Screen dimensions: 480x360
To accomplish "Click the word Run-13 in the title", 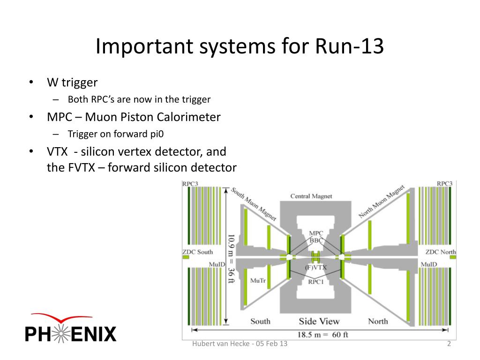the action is (x=349, y=46).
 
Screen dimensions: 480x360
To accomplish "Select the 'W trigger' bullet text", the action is (x=72, y=82).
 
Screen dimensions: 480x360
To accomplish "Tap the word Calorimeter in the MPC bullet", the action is (x=188, y=117).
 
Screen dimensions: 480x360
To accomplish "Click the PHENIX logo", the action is (x=71, y=328).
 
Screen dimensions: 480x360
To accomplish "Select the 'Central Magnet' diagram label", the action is (x=311, y=196).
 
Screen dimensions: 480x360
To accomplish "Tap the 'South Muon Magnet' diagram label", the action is (x=254, y=204).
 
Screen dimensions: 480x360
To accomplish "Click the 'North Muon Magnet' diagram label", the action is (x=382, y=201).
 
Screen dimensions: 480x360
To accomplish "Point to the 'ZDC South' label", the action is (x=197, y=252).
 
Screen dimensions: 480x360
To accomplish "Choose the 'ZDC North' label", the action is (x=441, y=252).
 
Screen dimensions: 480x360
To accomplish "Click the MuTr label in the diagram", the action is (x=258, y=280).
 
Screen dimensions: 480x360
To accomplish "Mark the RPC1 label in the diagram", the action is (x=315, y=282).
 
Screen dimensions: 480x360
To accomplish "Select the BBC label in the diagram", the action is (x=316, y=240).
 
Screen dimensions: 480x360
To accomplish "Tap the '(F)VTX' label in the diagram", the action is (x=315, y=268).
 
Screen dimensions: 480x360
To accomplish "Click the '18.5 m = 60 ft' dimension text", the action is (x=322, y=335).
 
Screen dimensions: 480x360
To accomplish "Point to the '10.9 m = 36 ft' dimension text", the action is (x=231, y=259).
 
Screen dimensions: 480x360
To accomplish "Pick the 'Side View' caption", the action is (x=319, y=321).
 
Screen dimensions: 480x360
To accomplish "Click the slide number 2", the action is (x=449, y=344).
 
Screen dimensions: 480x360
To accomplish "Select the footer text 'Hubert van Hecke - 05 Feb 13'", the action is (x=240, y=344).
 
